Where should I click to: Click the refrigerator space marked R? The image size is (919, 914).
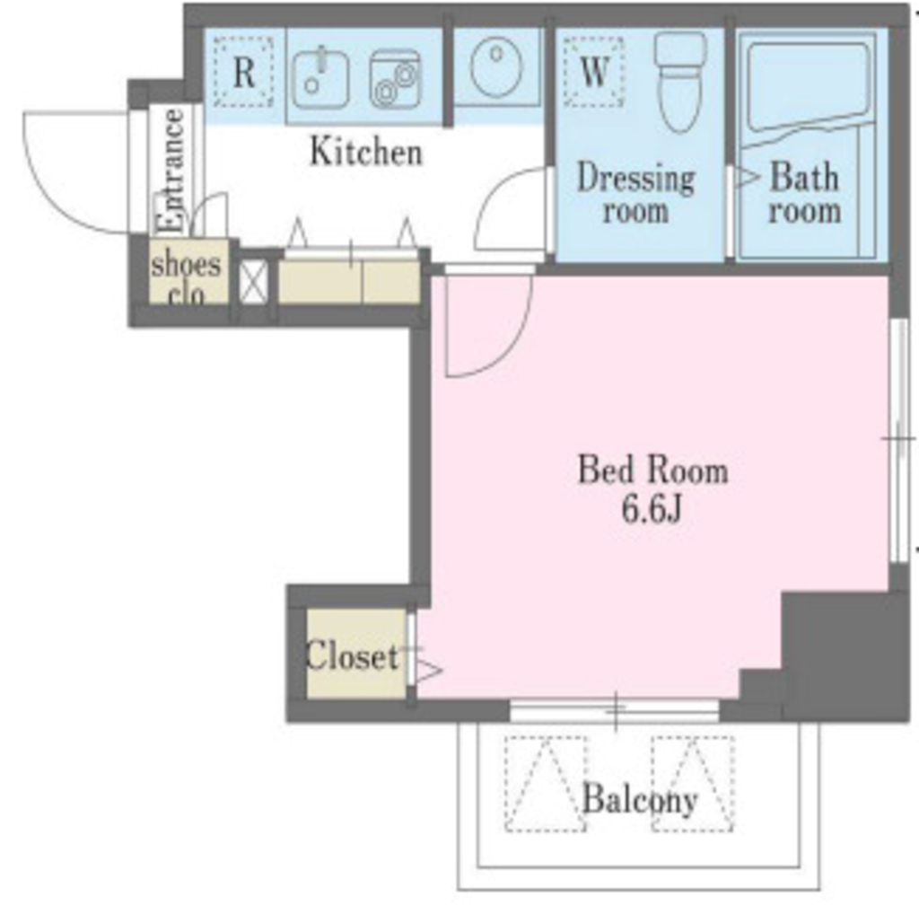pos(243,72)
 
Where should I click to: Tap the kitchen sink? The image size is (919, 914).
pos(320,78)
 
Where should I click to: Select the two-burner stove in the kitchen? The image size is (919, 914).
pos(395,80)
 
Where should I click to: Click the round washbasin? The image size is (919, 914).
pos(496,66)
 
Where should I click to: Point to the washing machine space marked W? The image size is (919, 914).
pos(594,72)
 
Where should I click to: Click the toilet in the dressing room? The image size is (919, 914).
pos(680,82)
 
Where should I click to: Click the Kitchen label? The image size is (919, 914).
pos(366,152)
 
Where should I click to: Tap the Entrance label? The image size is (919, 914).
pos(172,171)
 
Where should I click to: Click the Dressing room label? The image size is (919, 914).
pos(636,193)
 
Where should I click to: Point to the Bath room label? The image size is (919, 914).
pos(804,193)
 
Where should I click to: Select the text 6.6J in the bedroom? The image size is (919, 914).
pos(652,510)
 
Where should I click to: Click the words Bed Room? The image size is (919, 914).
pos(653,470)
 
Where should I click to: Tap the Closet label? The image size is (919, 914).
pos(352,655)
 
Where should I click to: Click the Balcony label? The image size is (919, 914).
pos(640,798)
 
